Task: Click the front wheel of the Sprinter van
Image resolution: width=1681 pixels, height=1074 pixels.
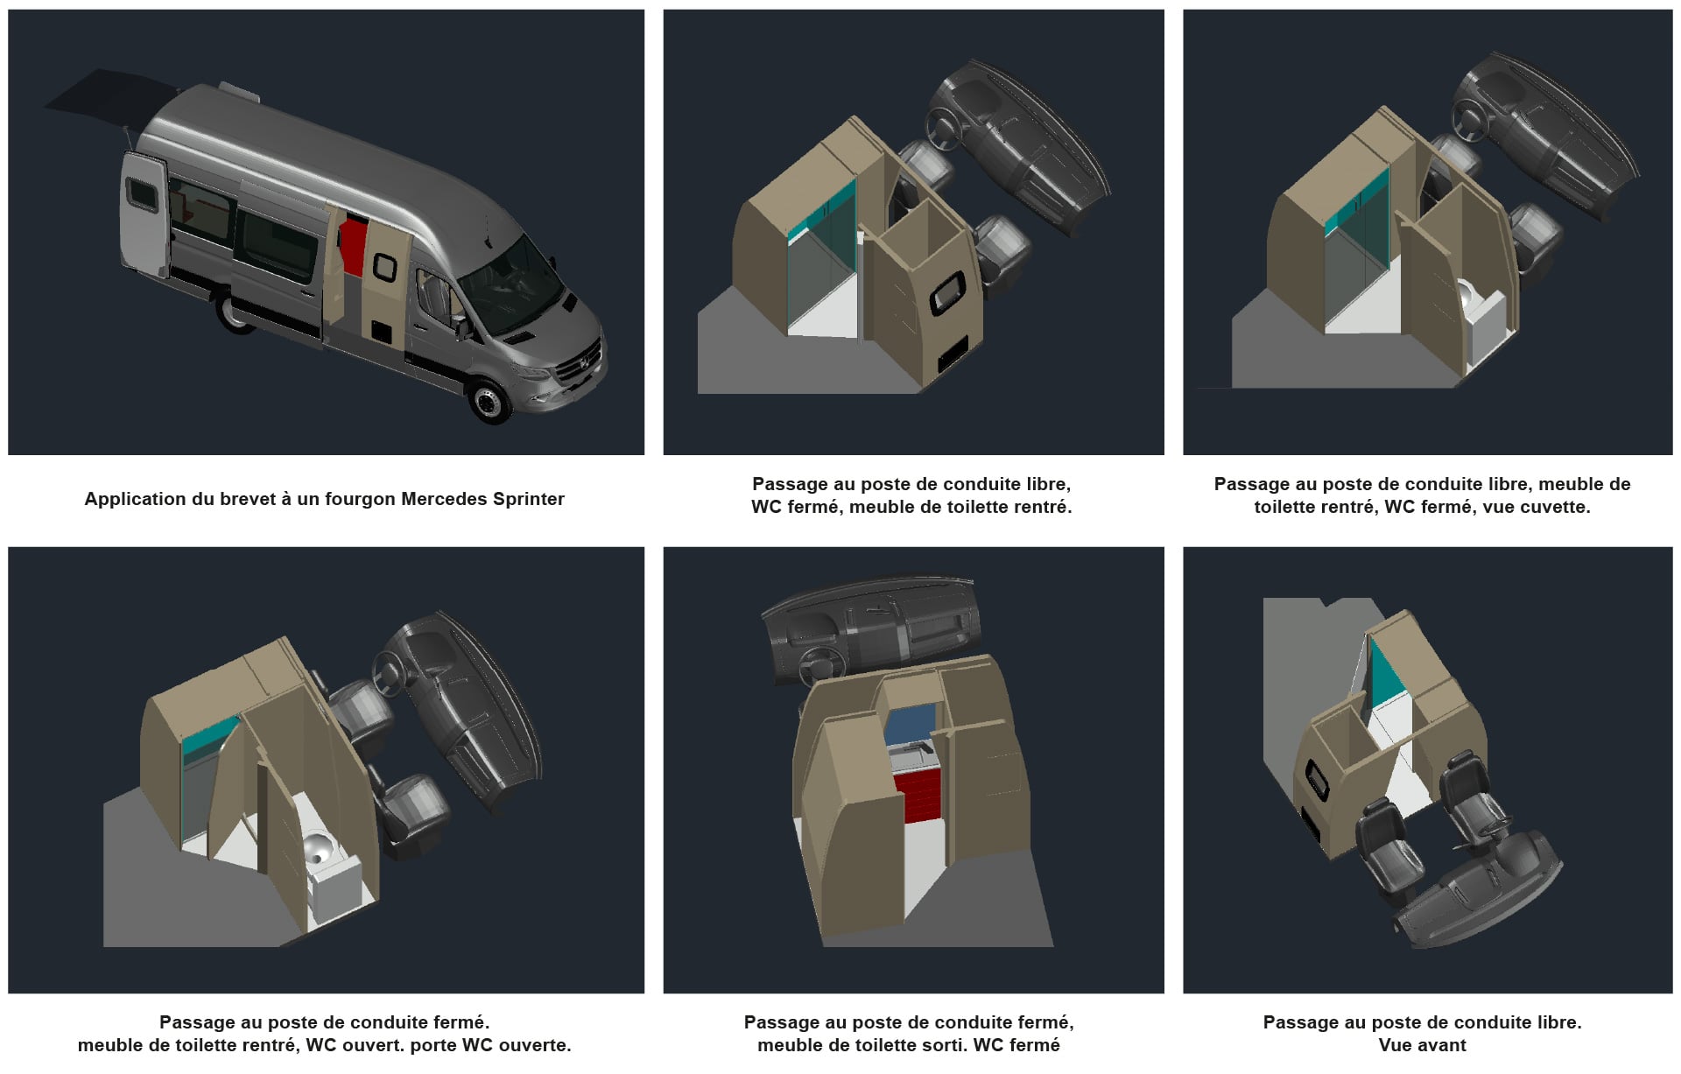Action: pyautogui.click(x=489, y=399)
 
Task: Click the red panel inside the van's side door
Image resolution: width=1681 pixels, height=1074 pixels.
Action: pyautogui.click(x=351, y=247)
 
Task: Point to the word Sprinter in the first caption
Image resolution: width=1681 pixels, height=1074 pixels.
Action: pyautogui.click(x=528, y=499)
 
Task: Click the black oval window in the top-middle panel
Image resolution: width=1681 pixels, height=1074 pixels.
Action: pyautogui.click(x=948, y=292)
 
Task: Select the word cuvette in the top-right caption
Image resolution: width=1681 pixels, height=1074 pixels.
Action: pyautogui.click(x=1556, y=507)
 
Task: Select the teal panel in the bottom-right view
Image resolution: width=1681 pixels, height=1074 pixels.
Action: pyautogui.click(x=1387, y=672)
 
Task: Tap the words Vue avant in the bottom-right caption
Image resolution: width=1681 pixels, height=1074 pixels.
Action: pyautogui.click(x=1422, y=1045)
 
